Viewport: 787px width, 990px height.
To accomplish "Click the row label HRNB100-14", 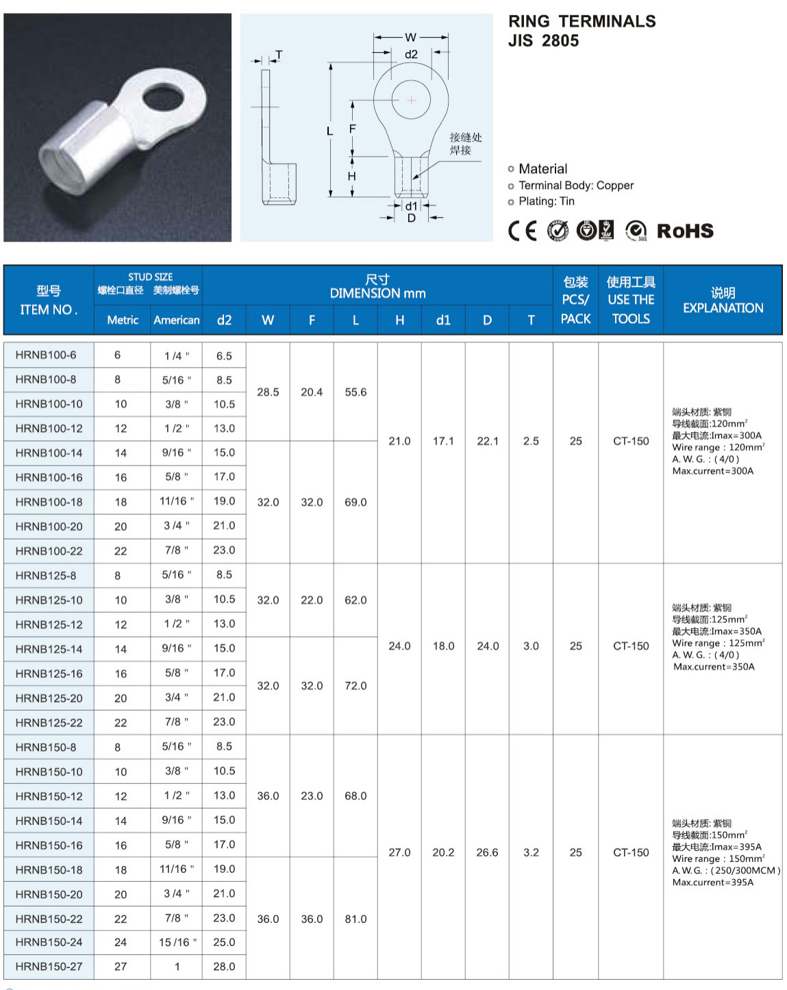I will point(49,453).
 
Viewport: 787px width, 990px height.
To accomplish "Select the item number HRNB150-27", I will point(49,966).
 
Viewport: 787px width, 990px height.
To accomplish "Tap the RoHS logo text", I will point(685,231).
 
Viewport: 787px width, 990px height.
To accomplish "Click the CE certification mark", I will point(523,231).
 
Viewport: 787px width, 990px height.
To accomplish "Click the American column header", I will point(176,320).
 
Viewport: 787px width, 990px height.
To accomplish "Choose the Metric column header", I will point(123,320).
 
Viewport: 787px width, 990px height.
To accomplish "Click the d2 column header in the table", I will point(224,320).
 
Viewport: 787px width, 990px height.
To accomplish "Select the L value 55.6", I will point(355,392).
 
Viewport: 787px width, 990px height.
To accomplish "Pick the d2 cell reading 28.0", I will point(224,966).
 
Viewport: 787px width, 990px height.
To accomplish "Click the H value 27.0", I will point(399,852).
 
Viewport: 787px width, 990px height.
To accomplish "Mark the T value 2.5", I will point(531,441).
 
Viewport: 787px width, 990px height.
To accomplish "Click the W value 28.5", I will point(268,392).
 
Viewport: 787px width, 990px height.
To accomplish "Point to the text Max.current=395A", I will point(712,883).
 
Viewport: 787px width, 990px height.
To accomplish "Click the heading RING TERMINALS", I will point(582,21).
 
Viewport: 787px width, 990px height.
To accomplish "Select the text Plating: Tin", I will point(546,201).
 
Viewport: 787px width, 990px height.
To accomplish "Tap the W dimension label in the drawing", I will point(410,37).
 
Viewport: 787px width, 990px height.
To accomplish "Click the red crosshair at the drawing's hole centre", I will point(411,100).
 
